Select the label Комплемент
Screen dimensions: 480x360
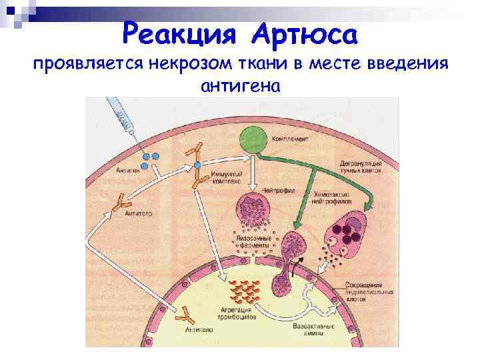[289, 139]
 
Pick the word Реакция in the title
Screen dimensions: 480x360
[175, 31]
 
